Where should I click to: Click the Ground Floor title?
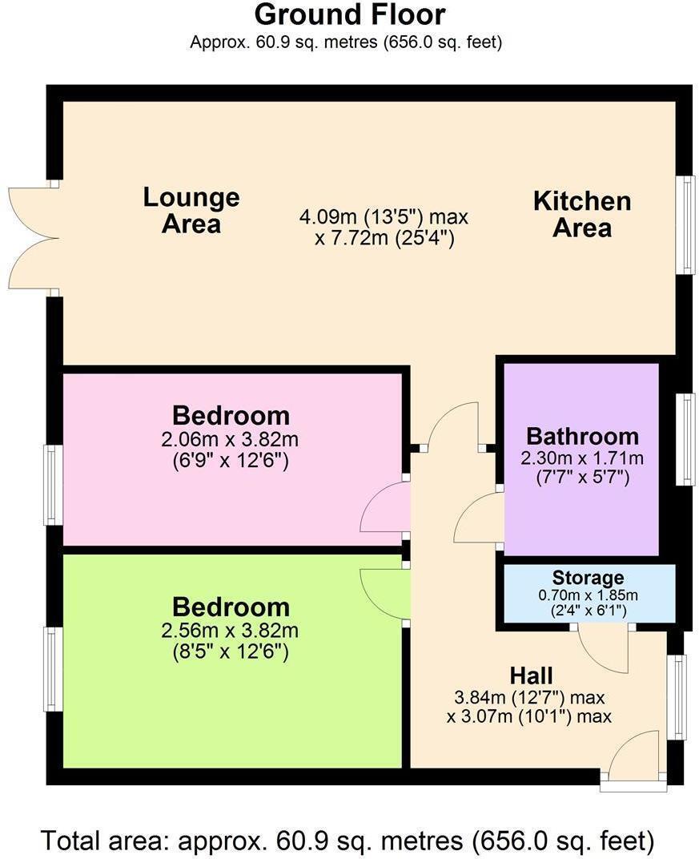pyautogui.click(x=349, y=14)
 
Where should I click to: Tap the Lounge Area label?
pyautogui.click(x=191, y=210)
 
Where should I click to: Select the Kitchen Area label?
pyautogui.click(x=582, y=214)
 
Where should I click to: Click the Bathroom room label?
pyautogui.click(x=582, y=437)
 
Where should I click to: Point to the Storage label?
pyautogui.click(x=588, y=578)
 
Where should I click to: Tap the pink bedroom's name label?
pyautogui.click(x=231, y=416)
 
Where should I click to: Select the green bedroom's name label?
pyautogui.click(x=231, y=607)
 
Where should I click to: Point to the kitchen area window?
pyautogui.click(x=685, y=224)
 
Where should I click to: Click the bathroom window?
pyautogui.click(x=685, y=439)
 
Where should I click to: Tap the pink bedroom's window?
pyautogui.click(x=53, y=485)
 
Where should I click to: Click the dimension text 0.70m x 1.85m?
pyautogui.click(x=588, y=595)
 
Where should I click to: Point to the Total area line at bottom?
pyautogui.click(x=348, y=841)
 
